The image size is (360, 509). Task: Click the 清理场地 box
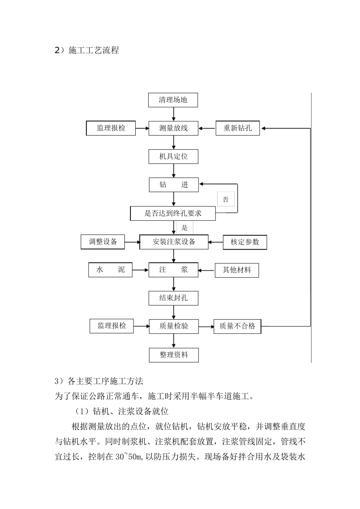tap(173, 100)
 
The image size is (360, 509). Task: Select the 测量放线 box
tap(173, 128)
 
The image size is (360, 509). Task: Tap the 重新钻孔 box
tap(238, 128)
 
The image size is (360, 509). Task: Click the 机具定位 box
tap(173, 156)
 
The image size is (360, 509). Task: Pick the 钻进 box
tap(173, 185)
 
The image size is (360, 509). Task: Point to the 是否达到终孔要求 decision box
tap(173, 213)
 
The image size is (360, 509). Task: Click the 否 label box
tap(226, 199)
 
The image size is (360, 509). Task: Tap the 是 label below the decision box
tap(185, 228)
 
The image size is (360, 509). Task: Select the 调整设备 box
tap(103, 242)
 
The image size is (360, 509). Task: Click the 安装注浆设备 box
tap(174, 242)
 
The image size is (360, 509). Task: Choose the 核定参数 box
tap(245, 242)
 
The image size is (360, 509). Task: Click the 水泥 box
tap(110, 270)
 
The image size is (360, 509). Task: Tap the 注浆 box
tap(173, 270)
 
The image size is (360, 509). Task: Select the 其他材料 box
tap(237, 270)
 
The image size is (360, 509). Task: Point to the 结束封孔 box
tap(173, 298)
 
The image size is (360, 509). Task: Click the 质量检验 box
tap(174, 326)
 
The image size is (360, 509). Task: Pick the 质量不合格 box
tap(237, 326)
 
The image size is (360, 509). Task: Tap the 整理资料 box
tap(174, 355)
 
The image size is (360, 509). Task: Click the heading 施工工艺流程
tap(94, 50)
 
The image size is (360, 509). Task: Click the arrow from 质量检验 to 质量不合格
tap(206, 326)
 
